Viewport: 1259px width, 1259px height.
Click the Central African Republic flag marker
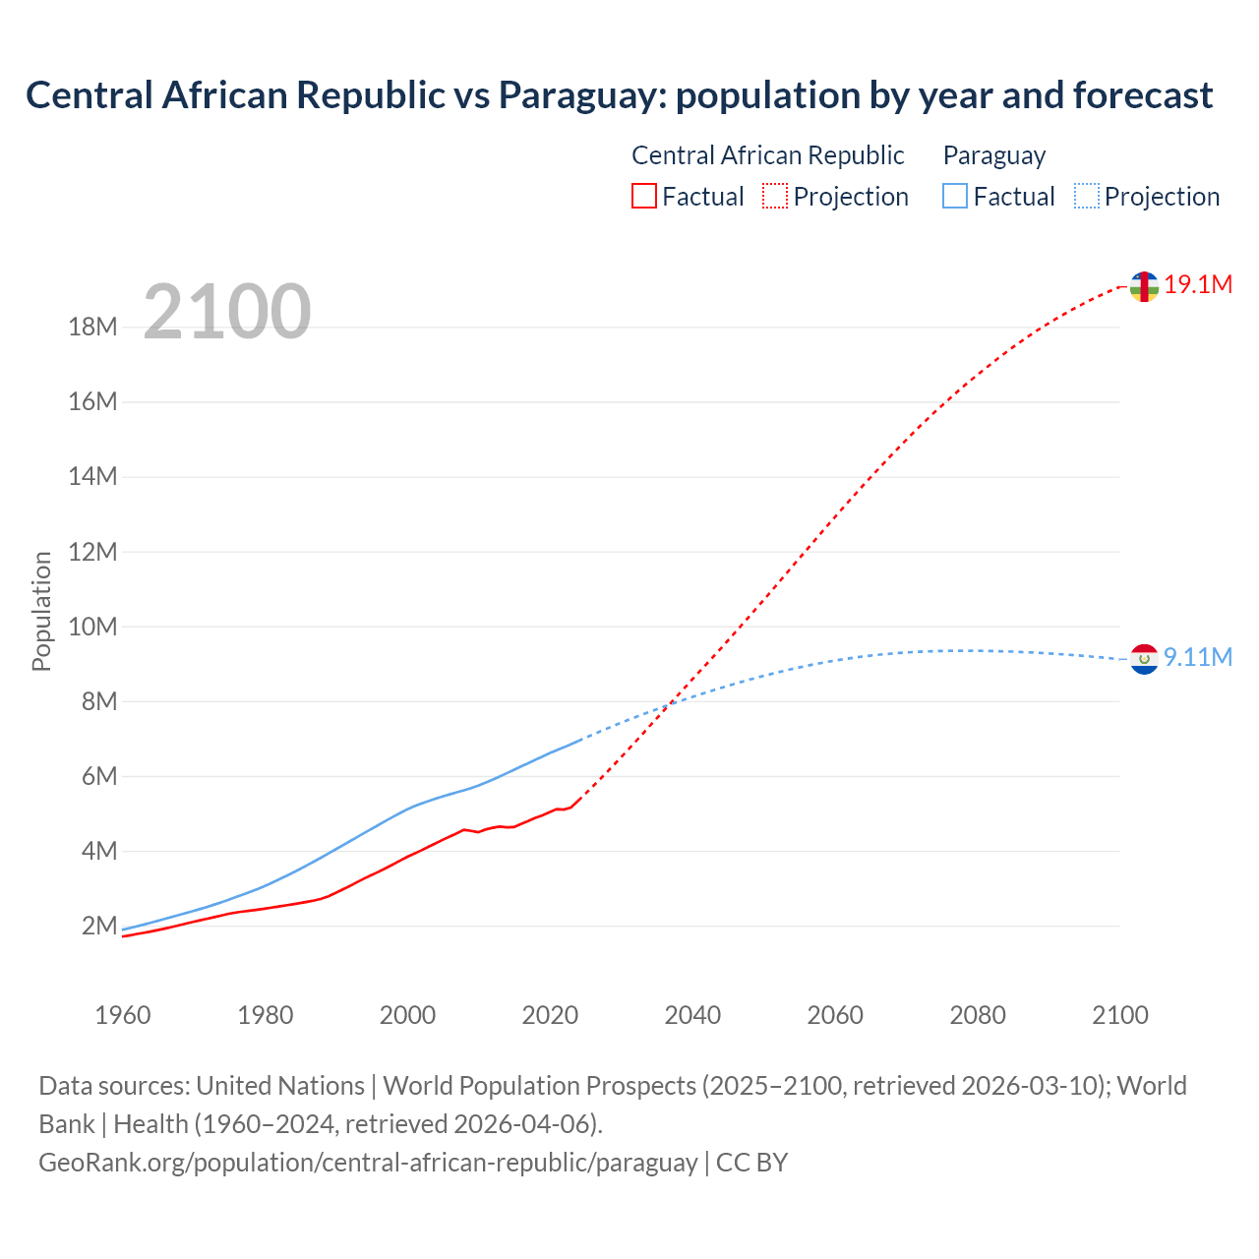1143,286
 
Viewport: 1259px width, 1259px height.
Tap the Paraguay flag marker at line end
1144,659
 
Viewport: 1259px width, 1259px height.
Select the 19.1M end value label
1198,285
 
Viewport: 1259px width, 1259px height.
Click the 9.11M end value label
1198,657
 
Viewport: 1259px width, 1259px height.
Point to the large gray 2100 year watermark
227,312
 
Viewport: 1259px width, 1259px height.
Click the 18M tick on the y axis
92,328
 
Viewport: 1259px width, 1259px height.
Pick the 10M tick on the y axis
92,627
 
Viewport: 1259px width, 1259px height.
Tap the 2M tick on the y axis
99,926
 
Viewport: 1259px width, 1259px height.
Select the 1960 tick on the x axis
123,1015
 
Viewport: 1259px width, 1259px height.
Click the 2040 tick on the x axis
692,1015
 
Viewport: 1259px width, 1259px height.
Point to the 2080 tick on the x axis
978,1015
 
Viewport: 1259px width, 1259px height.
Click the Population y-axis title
41,611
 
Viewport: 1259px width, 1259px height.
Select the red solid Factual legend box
644,197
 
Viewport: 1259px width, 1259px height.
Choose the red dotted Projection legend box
775,197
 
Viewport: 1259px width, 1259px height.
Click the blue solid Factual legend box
955,197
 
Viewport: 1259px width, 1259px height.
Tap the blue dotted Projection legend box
1087,197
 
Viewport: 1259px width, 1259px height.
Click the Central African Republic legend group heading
767,155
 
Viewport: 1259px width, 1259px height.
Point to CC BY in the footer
751,1163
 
